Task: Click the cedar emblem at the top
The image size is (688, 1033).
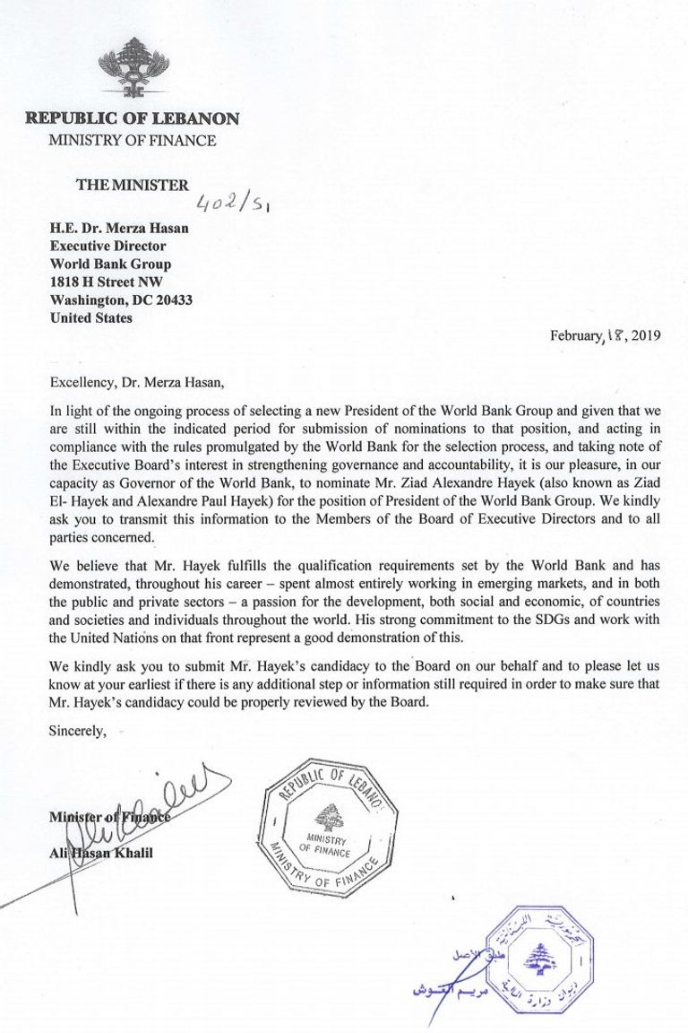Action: [x=132, y=66]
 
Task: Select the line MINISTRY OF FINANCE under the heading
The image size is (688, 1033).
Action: [x=132, y=140]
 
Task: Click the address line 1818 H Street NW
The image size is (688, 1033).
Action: [x=106, y=282]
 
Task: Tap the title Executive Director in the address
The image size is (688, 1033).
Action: [x=107, y=247]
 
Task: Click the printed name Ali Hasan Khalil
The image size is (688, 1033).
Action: [x=101, y=852]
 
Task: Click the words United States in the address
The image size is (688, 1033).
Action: [x=91, y=318]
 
